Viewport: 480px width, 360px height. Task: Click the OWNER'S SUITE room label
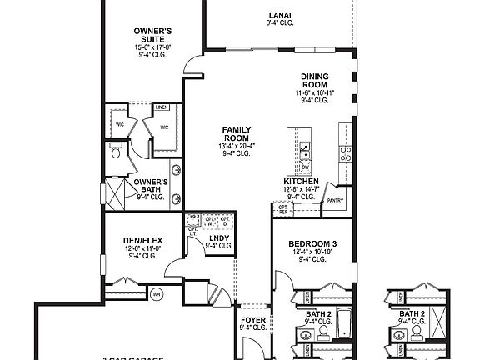tap(152, 36)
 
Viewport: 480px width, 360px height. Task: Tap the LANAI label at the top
tap(279, 14)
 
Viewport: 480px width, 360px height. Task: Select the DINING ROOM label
tap(315, 81)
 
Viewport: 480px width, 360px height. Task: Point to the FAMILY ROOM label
tap(237, 134)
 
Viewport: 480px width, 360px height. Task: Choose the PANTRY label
tap(336, 201)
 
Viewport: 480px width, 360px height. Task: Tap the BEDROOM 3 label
tap(313, 244)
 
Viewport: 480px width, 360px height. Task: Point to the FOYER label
tap(252, 320)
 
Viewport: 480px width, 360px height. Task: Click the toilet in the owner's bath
tap(116, 150)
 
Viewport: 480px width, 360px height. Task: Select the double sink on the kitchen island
tap(306, 150)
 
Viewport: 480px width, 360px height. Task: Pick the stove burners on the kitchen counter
tap(344, 152)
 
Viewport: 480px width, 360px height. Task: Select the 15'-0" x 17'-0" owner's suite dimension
tap(152, 47)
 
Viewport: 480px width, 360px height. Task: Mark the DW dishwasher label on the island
tap(306, 166)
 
